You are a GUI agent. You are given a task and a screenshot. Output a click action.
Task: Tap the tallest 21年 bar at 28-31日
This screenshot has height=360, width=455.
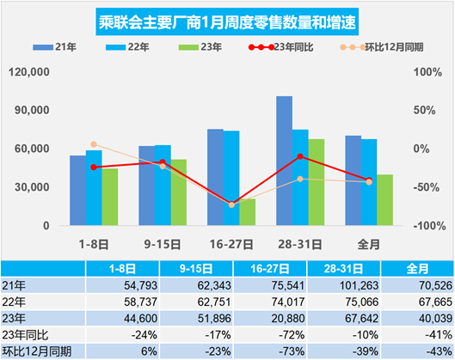click(x=284, y=161)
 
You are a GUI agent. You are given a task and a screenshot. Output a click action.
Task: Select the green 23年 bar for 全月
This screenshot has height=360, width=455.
click(x=384, y=199)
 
